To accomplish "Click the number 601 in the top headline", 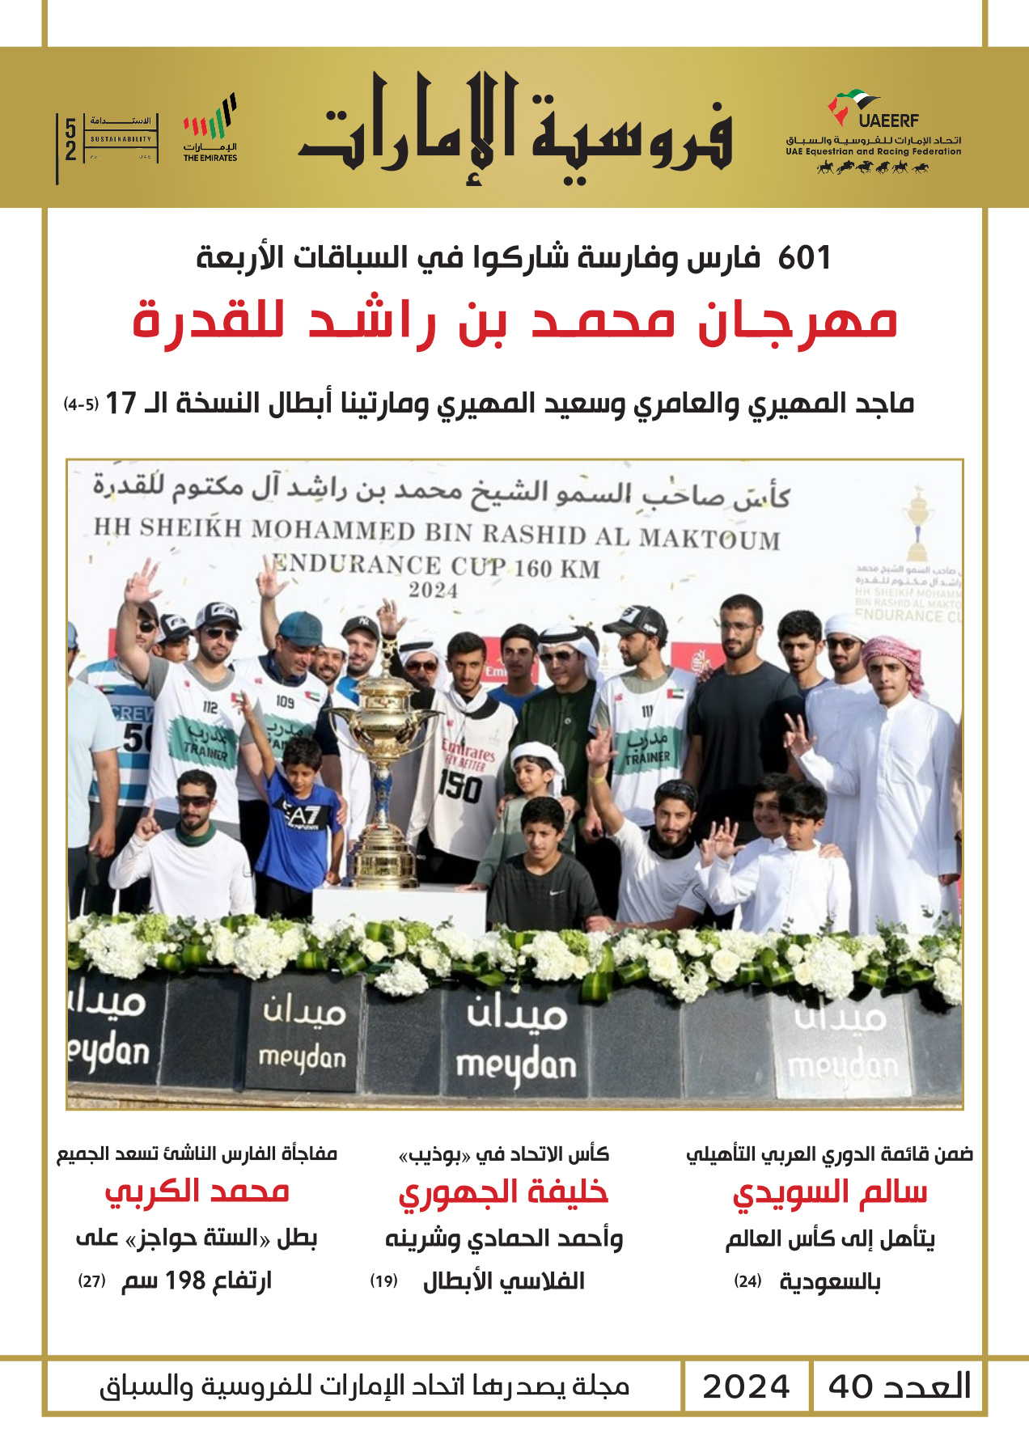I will pyautogui.click(x=804, y=258).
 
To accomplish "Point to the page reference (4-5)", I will pyautogui.click(x=81, y=404).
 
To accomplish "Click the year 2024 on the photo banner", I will pyautogui.click(x=433, y=590).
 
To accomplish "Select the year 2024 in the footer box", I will pyautogui.click(x=745, y=1386).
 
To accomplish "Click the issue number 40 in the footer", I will pyautogui.click(x=850, y=1386).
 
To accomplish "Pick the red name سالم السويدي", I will pyautogui.click(x=829, y=1193).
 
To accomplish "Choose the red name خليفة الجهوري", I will pyautogui.click(x=503, y=1193).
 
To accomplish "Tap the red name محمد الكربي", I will pyautogui.click(x=197, y=1191).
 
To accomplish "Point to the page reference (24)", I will pyautogui.click(x=747, y=1281).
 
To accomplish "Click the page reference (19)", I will pyautogui.click(x=383, y=1281).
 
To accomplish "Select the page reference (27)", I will pyautogui.click(x=92, y=1281).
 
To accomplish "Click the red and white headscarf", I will pyautogui.click(x=894, y=659).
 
